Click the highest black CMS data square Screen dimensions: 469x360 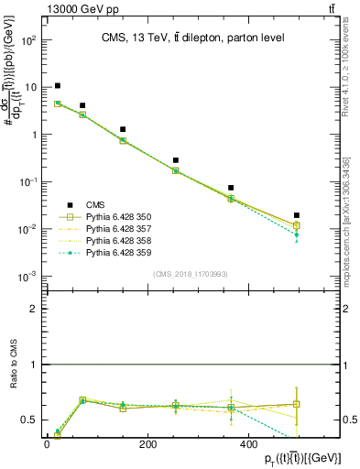[58, 86]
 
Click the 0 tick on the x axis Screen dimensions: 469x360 [47, 443]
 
